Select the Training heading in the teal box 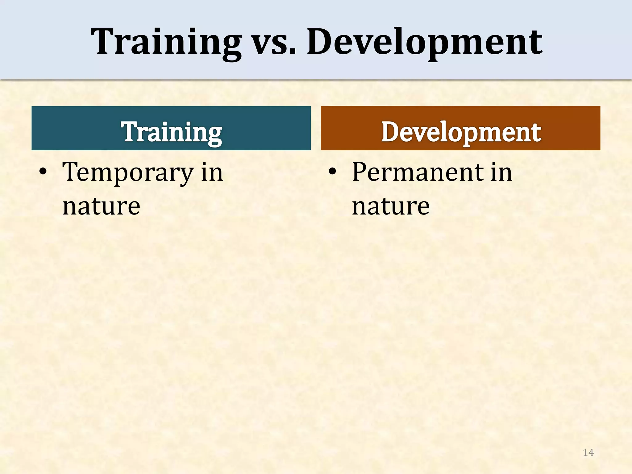coord(172,132)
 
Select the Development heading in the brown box coord(461,132)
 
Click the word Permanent coord(417,172)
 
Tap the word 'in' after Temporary coord(212,172)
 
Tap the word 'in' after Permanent coord(501,172)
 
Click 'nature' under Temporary coord(101,206)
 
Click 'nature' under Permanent coord(391,206)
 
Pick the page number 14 coord(588,453)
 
